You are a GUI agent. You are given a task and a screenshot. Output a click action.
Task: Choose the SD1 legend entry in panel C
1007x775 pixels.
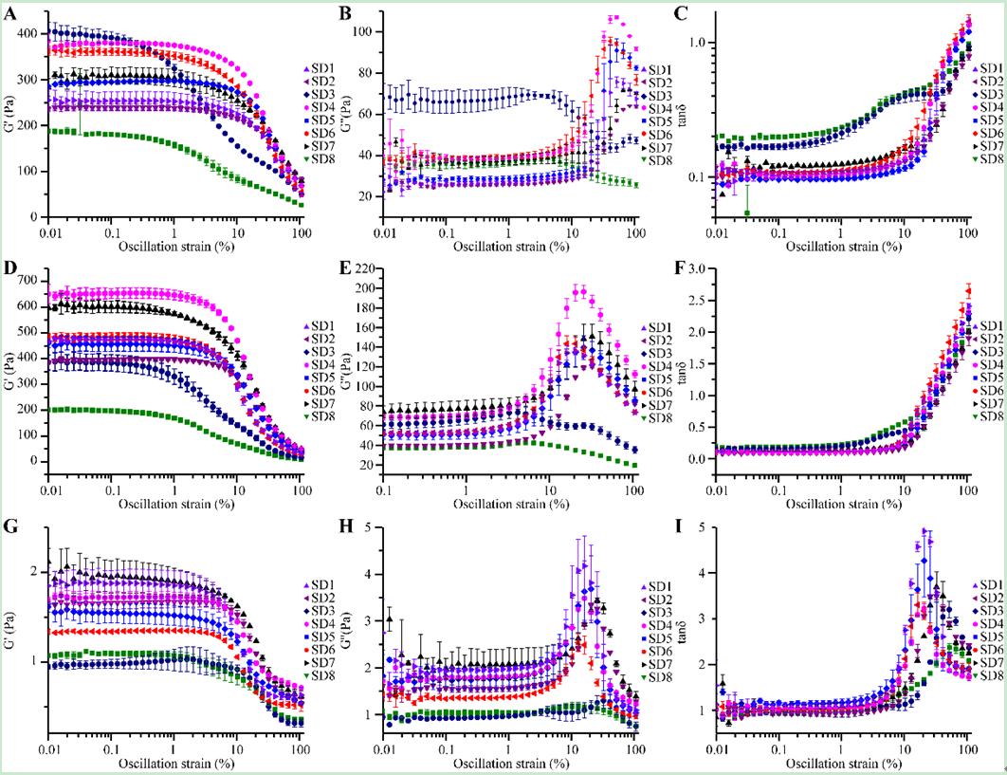click(986, 68)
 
